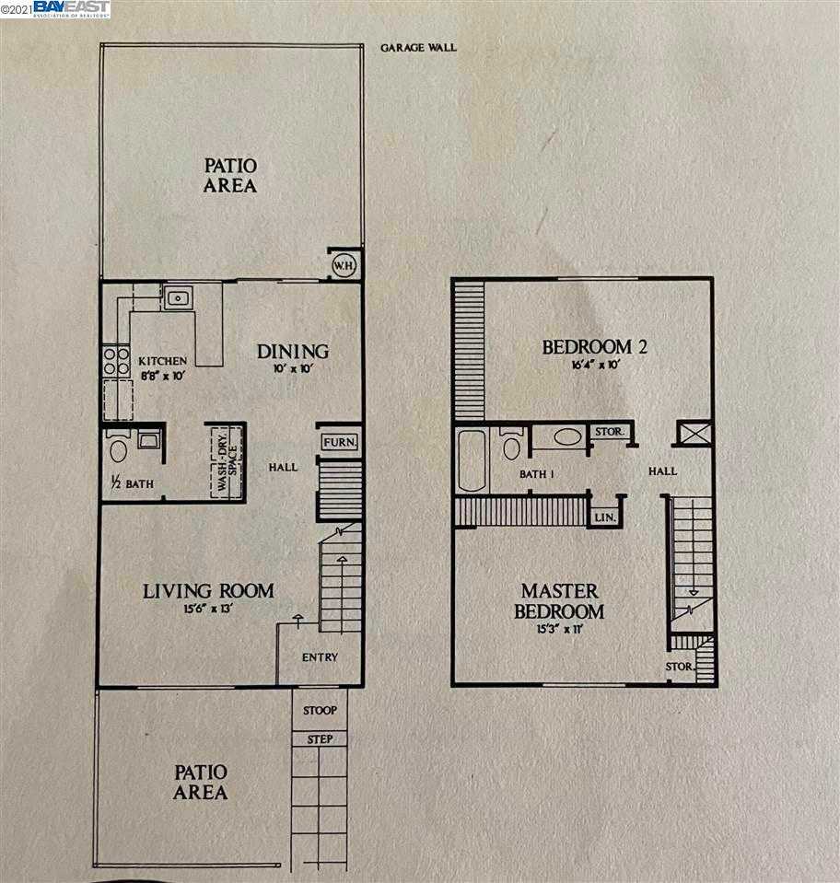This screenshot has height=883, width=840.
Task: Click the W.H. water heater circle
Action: [344, 264]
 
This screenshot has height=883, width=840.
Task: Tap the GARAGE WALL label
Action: [418, 47]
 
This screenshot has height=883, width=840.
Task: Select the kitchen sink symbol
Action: [176, 298]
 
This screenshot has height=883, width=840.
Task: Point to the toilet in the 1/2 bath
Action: [118, 450]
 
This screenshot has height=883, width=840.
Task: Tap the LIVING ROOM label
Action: [208, 590]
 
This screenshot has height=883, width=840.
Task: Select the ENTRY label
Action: [320, 657]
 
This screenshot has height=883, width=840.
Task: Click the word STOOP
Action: [320, 711]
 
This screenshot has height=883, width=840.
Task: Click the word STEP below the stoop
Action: [320, 739]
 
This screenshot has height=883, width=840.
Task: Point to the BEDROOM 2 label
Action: [588, 347]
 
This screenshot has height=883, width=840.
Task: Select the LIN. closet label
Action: [604, 517]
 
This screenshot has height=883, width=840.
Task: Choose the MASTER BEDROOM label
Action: [560, 600]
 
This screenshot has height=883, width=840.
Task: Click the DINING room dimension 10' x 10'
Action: [292, 369]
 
